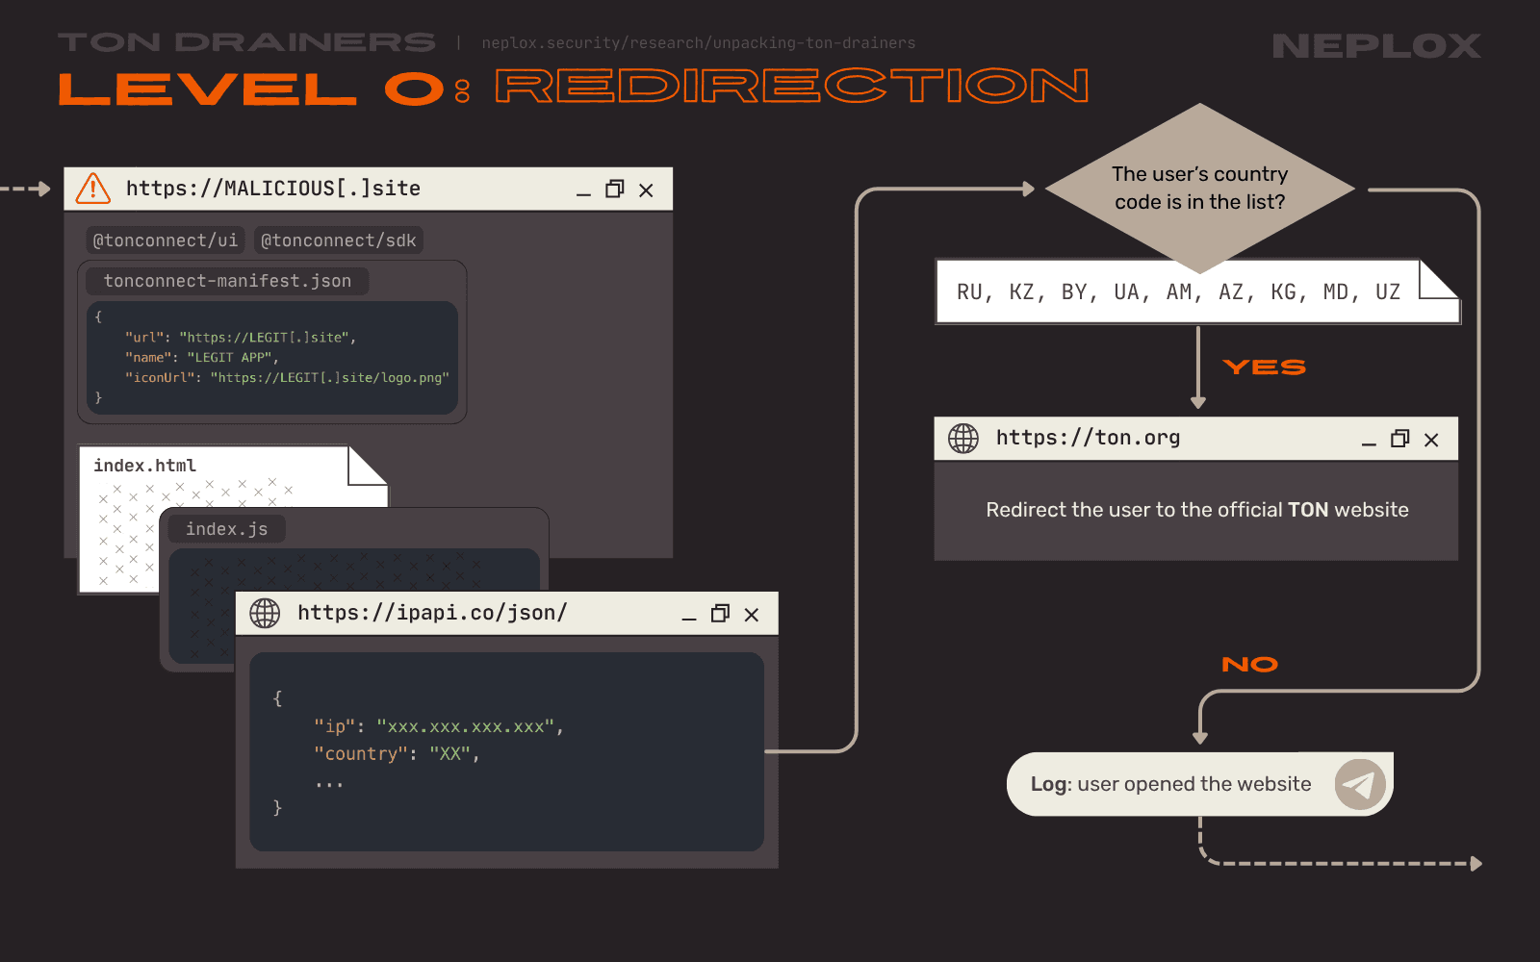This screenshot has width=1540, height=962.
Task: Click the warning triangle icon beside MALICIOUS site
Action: [x=92, y=189]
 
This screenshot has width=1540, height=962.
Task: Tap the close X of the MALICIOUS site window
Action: [x=646, y=190]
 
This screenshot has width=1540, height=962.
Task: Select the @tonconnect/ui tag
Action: [x=166, y=240]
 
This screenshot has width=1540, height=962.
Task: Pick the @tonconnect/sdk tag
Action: [x=338, y=240]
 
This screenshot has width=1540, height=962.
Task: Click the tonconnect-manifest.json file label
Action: [x=227, y=281]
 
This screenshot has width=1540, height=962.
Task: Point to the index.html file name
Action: [x=145, y=466]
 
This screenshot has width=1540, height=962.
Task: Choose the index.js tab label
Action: [x=227, y=529]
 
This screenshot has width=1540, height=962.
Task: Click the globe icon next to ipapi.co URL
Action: [x=265, y=613]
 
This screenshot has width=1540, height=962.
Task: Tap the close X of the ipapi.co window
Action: [x=752, y=615]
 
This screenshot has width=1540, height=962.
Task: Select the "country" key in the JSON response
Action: [x=356, y=754]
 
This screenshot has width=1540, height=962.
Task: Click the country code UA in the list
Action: [x=1126, y=292]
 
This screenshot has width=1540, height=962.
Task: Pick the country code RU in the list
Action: [x=969, y=292]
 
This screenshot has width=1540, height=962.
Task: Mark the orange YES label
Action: [x=1265, y=367]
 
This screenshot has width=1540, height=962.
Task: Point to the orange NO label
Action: [x=1250, y=665]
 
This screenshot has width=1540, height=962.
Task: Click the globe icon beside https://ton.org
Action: [x=963, y=439]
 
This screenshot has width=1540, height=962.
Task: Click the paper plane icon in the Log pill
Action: [x=1360, y=784]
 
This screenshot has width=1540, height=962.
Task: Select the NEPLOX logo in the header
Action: [x=1376, y=46]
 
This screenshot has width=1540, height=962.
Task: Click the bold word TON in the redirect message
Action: [x=1308, y=510]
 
